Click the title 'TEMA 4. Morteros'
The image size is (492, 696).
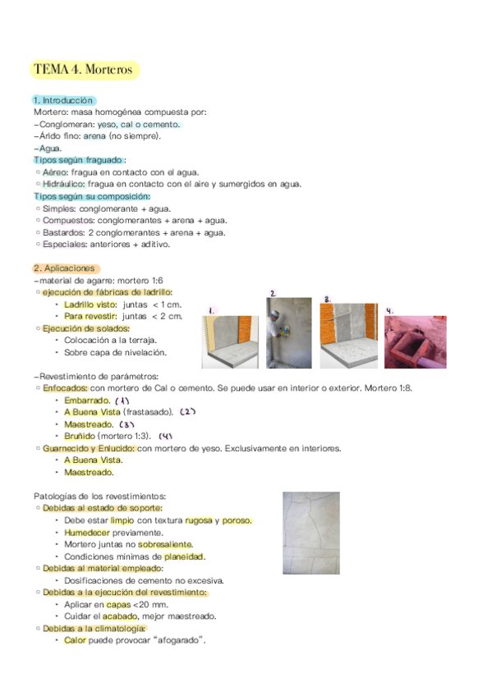pyautogui.click(x=83, y=70)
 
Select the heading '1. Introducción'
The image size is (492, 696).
pyautogui.click(x=63, y=100)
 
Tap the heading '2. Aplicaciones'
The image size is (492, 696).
pyautogui.click(x=65, y=268)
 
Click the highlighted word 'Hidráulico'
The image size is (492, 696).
pyautogui.click(x=62, y=185)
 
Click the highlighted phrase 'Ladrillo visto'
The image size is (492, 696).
pyautogui.click(x=90, y=304)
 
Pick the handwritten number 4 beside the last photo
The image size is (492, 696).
pyautogui.click(x=389, y=311)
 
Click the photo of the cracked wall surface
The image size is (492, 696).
pyautogui.click(x=310, y=533)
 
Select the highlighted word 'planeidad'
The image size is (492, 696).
pyautogui.click(x=184, y=556)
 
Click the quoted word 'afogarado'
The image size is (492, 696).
pyautogui.click(x=176, y=640)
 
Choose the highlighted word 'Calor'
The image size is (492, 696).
pyautogui.click(x=75, y=640)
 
